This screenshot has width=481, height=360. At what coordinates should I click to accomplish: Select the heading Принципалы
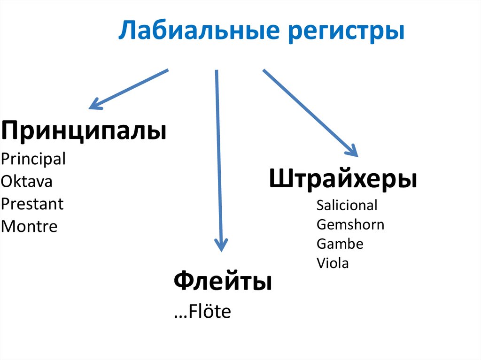pos(84,132)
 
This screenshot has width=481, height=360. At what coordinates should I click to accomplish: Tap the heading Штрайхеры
pos(343,180)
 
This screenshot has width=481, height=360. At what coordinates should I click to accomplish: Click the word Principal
pos(33,160)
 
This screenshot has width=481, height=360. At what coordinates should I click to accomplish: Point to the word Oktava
pos(27,182)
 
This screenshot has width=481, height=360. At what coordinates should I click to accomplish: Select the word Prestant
pos(32,204)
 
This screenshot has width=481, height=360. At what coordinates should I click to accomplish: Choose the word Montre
pos(29,227)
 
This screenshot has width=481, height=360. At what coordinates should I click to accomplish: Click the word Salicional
pos(347,205)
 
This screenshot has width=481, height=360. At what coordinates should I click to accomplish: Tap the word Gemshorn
pos(350,224)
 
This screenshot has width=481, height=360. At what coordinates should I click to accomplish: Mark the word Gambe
pos(340,244)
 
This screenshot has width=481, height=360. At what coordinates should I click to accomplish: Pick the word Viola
pos(333,263)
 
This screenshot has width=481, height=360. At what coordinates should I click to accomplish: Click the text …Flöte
pos(202,312)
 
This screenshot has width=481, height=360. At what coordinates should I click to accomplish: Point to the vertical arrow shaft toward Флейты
pos(218,155)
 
